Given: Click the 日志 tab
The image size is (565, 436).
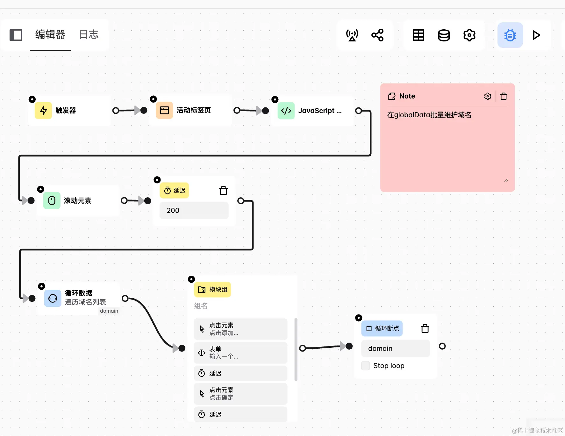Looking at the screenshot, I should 89,34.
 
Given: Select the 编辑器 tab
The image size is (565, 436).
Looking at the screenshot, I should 50,34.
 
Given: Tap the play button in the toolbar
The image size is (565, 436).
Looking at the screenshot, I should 536,35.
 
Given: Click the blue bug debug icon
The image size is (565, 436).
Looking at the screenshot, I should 510,35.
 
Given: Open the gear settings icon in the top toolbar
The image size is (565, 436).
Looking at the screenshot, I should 469,35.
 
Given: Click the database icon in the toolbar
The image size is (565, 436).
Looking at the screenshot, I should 444,35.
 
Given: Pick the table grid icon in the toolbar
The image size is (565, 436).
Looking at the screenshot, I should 418,35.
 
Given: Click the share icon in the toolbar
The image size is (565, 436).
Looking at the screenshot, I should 377,35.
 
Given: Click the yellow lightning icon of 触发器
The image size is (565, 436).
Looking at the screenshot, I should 43,111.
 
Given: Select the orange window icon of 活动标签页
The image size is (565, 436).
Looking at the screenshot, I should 164,110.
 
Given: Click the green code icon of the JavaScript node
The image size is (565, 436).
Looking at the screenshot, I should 286,111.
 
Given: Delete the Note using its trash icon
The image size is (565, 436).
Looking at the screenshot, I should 504,96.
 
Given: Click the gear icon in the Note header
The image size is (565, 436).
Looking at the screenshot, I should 487,96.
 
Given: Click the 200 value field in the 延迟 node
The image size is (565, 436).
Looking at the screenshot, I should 194,210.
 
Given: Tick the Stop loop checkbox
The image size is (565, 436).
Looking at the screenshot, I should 366,366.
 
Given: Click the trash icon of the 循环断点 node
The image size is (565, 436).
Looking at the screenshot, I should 425,329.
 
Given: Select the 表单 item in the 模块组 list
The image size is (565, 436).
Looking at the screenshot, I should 240,353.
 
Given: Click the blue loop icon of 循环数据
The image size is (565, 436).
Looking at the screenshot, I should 53,298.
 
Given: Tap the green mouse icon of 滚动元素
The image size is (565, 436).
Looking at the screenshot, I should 52,200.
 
